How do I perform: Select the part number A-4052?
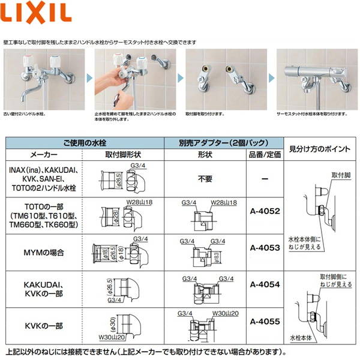pos(265,211)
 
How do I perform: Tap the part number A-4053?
pos(265,247)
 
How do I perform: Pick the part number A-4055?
pos(265,322)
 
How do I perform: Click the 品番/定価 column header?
pos(265,154)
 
